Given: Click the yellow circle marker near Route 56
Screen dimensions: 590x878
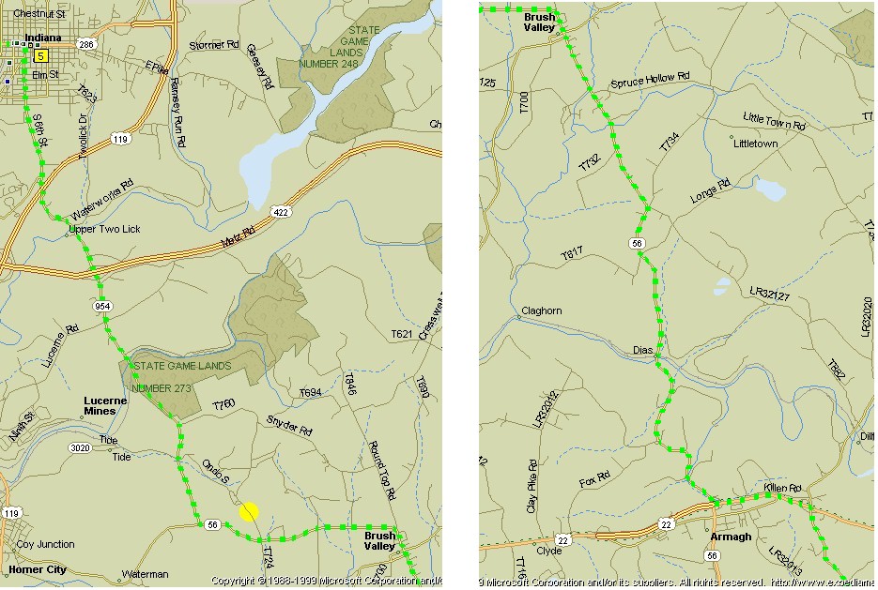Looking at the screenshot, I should [249, 511].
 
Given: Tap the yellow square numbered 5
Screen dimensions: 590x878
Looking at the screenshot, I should [40, 56].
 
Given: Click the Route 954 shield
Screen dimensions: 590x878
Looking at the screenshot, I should [102, 306].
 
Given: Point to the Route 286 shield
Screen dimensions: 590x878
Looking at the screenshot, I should [86, 44].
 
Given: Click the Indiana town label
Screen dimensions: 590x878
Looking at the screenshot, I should [43, 38].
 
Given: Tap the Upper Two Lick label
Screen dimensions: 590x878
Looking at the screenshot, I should [104, 229].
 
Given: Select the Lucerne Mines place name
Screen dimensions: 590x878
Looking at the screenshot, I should [100, 405].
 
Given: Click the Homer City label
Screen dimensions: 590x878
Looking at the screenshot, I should [37, 568].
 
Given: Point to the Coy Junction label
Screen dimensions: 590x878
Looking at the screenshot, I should [45, 544].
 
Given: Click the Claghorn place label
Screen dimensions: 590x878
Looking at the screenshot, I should [541, 311].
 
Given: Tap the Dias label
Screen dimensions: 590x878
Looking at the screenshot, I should [642, 350].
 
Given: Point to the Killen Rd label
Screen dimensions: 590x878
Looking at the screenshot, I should [782, 489].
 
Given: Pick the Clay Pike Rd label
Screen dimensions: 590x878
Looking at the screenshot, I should [532, 484].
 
